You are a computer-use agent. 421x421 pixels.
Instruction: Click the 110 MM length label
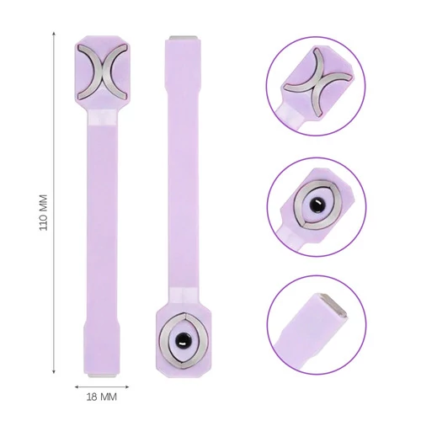tap(43, 212)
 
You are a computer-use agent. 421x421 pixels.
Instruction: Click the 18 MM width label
tap(101, 397)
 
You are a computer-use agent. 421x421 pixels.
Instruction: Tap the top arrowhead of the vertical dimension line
tap(54, 34)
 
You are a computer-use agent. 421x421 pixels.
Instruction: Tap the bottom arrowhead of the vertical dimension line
tap(54, 371)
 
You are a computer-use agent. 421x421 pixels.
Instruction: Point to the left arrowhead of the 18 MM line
tap(77, 387)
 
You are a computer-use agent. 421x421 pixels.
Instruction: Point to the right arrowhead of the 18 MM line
tap(126, 387)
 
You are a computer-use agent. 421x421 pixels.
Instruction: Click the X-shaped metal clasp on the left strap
tap(102, 72)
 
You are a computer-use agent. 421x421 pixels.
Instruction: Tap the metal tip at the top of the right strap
tap(183, 38)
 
